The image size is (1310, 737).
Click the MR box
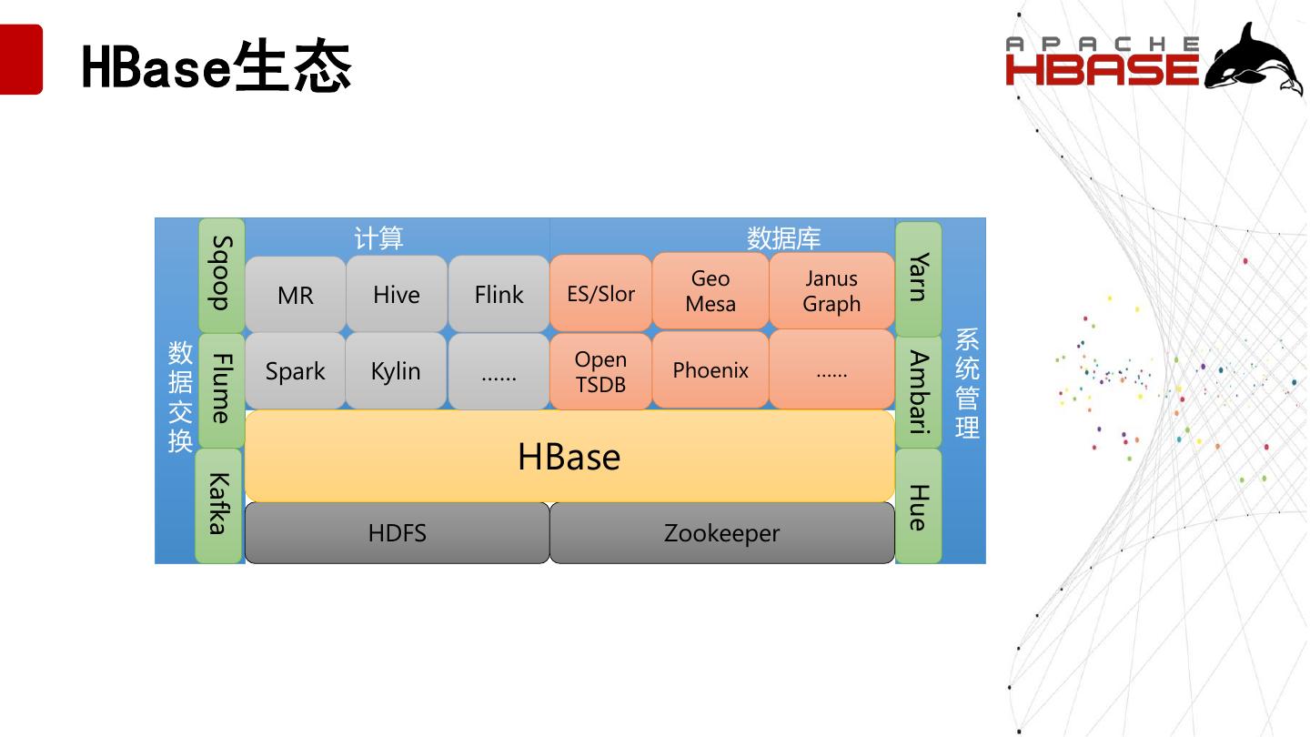point(296,295)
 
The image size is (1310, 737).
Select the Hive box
point(397,294)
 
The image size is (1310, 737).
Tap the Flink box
point(499,294)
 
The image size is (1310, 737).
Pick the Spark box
point(296,371)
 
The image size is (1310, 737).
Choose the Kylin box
point(396,371)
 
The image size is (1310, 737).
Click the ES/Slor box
point(600,293)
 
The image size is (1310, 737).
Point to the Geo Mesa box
point(710,291)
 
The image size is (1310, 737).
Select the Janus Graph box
point(831,291)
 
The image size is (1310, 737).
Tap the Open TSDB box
point(600,371)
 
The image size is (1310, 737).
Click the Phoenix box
point(710,370)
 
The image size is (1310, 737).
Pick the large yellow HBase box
point(569,456)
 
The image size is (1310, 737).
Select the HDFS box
point(398,533)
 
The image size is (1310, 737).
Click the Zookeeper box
point(722,533)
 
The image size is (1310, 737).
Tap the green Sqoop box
point(222,274)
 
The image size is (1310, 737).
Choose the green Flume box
point(222,389)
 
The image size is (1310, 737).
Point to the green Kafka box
point(218,504)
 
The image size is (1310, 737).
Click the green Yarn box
point(919,277)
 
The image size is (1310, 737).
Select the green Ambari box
point(919,392)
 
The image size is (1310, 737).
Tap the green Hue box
point(919,507)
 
